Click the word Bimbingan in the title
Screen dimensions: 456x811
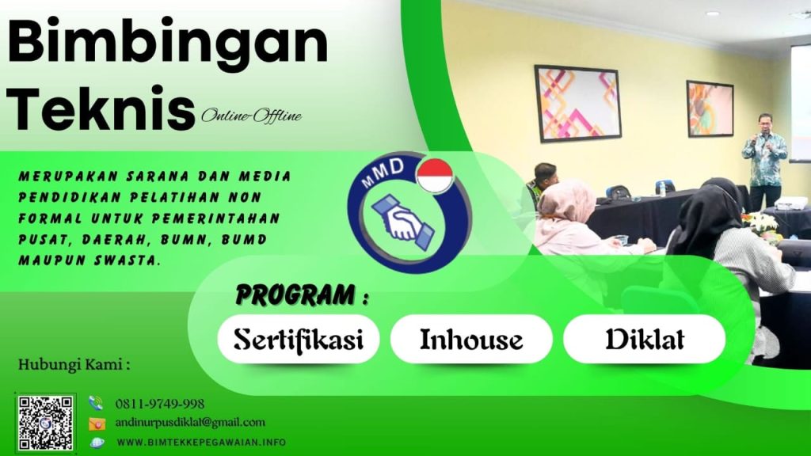point(168,44)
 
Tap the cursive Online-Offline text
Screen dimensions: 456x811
point(251,116)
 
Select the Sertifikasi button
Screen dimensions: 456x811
point(298,339)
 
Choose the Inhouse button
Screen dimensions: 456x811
point(471,339)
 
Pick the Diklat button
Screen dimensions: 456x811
point(644,339)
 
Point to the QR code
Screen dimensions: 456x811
point(46,423)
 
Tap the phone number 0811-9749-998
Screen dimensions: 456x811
point(160,404)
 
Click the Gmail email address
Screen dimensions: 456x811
point(190,423)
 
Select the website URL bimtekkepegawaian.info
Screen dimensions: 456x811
point(201,442)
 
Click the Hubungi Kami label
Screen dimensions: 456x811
point(73,366)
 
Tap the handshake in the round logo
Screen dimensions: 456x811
point(402,221)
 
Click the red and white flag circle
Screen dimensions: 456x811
point(434,176)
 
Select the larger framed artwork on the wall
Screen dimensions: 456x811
point(578,103)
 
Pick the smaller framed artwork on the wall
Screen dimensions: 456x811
point(709,108)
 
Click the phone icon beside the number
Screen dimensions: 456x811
point(97,403)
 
